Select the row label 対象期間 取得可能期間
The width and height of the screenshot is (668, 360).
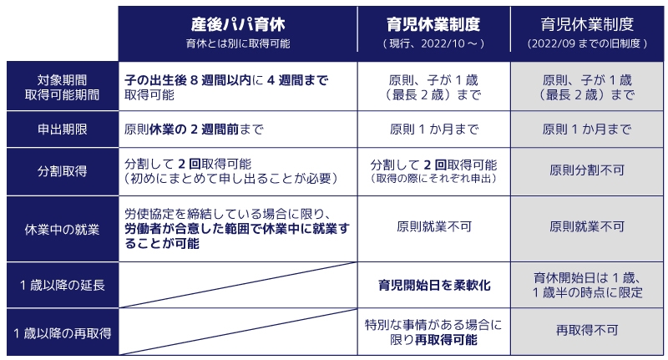coord(62,87)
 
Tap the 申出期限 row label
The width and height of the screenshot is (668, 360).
coord(62,130)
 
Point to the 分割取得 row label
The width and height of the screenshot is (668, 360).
coord(62,170)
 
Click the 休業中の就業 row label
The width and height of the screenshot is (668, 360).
coord(62,227)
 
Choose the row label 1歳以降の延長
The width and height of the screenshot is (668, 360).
coord(62,285)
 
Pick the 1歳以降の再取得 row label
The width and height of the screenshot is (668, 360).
coord(62,332)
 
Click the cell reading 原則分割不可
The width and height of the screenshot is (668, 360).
coord(587,170)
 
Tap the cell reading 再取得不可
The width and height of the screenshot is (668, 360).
coord(587,331)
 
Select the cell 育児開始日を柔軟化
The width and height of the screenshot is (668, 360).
coord(433,285)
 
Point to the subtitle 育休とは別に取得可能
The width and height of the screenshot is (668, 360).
coord(238,42)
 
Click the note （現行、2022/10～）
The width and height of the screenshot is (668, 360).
coord(433,42)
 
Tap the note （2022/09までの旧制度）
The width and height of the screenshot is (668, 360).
coord(587,42)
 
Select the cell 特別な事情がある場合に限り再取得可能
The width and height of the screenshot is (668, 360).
coord(433,332)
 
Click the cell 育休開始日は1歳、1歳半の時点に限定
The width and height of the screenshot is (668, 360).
coord(587,285)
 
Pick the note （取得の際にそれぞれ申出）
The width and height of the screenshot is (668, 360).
coord(433,180)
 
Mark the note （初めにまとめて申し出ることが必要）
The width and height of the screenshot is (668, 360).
coord(230,179)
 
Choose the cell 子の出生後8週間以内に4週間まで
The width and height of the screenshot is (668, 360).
coord(225,87)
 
